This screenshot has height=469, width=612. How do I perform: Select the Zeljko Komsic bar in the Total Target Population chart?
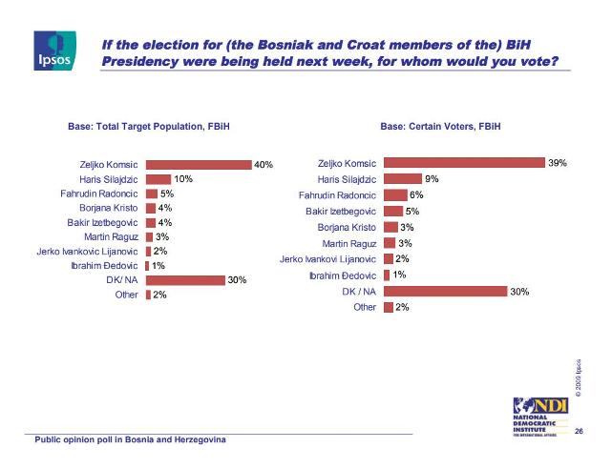198,164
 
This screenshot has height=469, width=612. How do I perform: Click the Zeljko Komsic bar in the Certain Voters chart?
463,163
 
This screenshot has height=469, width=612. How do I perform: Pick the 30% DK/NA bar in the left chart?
184,280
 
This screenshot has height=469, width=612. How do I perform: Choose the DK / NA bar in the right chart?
444,291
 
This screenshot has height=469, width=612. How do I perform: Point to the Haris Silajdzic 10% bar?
158,178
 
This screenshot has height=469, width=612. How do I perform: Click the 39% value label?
558,163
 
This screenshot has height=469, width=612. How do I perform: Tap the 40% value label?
264,164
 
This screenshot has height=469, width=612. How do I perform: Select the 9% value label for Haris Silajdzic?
433,178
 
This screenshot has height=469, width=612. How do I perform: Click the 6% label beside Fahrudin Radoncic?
416,194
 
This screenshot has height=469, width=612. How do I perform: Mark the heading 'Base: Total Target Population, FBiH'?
148,126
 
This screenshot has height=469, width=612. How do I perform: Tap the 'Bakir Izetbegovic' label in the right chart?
341,211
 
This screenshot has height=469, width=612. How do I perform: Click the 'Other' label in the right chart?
365,307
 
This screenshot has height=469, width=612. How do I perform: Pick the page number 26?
579,434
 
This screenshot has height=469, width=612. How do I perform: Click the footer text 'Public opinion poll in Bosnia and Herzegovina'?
131,441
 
